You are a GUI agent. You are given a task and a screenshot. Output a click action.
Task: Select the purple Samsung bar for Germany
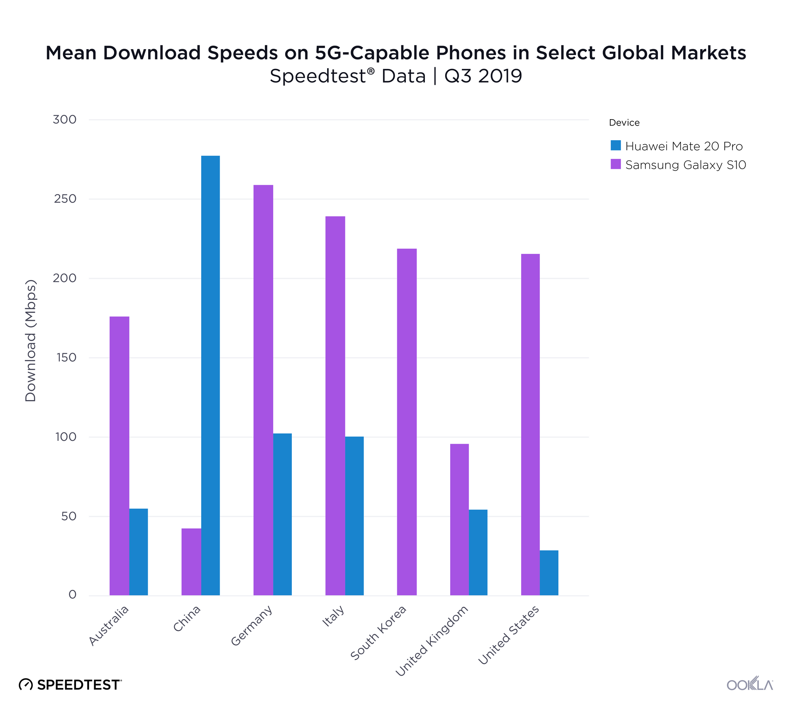263,390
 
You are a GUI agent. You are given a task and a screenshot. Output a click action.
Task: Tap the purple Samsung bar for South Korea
407,422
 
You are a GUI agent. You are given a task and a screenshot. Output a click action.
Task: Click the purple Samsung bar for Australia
119,456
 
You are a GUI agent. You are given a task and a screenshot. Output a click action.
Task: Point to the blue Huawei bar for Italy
354,516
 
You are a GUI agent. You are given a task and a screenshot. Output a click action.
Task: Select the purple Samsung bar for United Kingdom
459,519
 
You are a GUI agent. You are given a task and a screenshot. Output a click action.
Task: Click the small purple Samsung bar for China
191,561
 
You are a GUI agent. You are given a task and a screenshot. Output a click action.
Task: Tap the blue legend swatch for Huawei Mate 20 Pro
615,145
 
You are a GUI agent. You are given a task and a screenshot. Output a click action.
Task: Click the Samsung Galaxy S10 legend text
685,165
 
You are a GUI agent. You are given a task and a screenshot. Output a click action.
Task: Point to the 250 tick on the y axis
65,199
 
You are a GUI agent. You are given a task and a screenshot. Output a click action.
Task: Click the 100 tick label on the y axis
65,437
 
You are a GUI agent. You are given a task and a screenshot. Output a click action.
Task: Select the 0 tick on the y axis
72,594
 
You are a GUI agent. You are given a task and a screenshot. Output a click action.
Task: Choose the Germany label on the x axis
252,625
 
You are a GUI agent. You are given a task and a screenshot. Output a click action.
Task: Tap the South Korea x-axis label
379,633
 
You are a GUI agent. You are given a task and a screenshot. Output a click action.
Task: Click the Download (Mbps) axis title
30,341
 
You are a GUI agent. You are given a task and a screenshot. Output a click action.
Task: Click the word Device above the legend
624,123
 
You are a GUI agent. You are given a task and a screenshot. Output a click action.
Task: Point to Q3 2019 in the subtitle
483,76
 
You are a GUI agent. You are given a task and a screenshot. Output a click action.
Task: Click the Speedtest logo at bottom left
70,684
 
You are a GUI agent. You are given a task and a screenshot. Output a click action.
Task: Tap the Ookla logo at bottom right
750,684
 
